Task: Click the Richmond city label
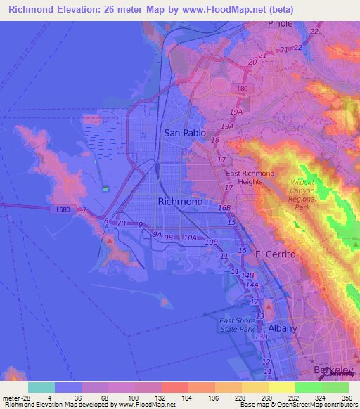[x=181, y=202]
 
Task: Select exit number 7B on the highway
[x=121, y=224]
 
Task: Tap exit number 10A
[x=191, y=238]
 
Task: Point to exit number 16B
[x=224, y=208]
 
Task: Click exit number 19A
[x=236, y=112]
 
